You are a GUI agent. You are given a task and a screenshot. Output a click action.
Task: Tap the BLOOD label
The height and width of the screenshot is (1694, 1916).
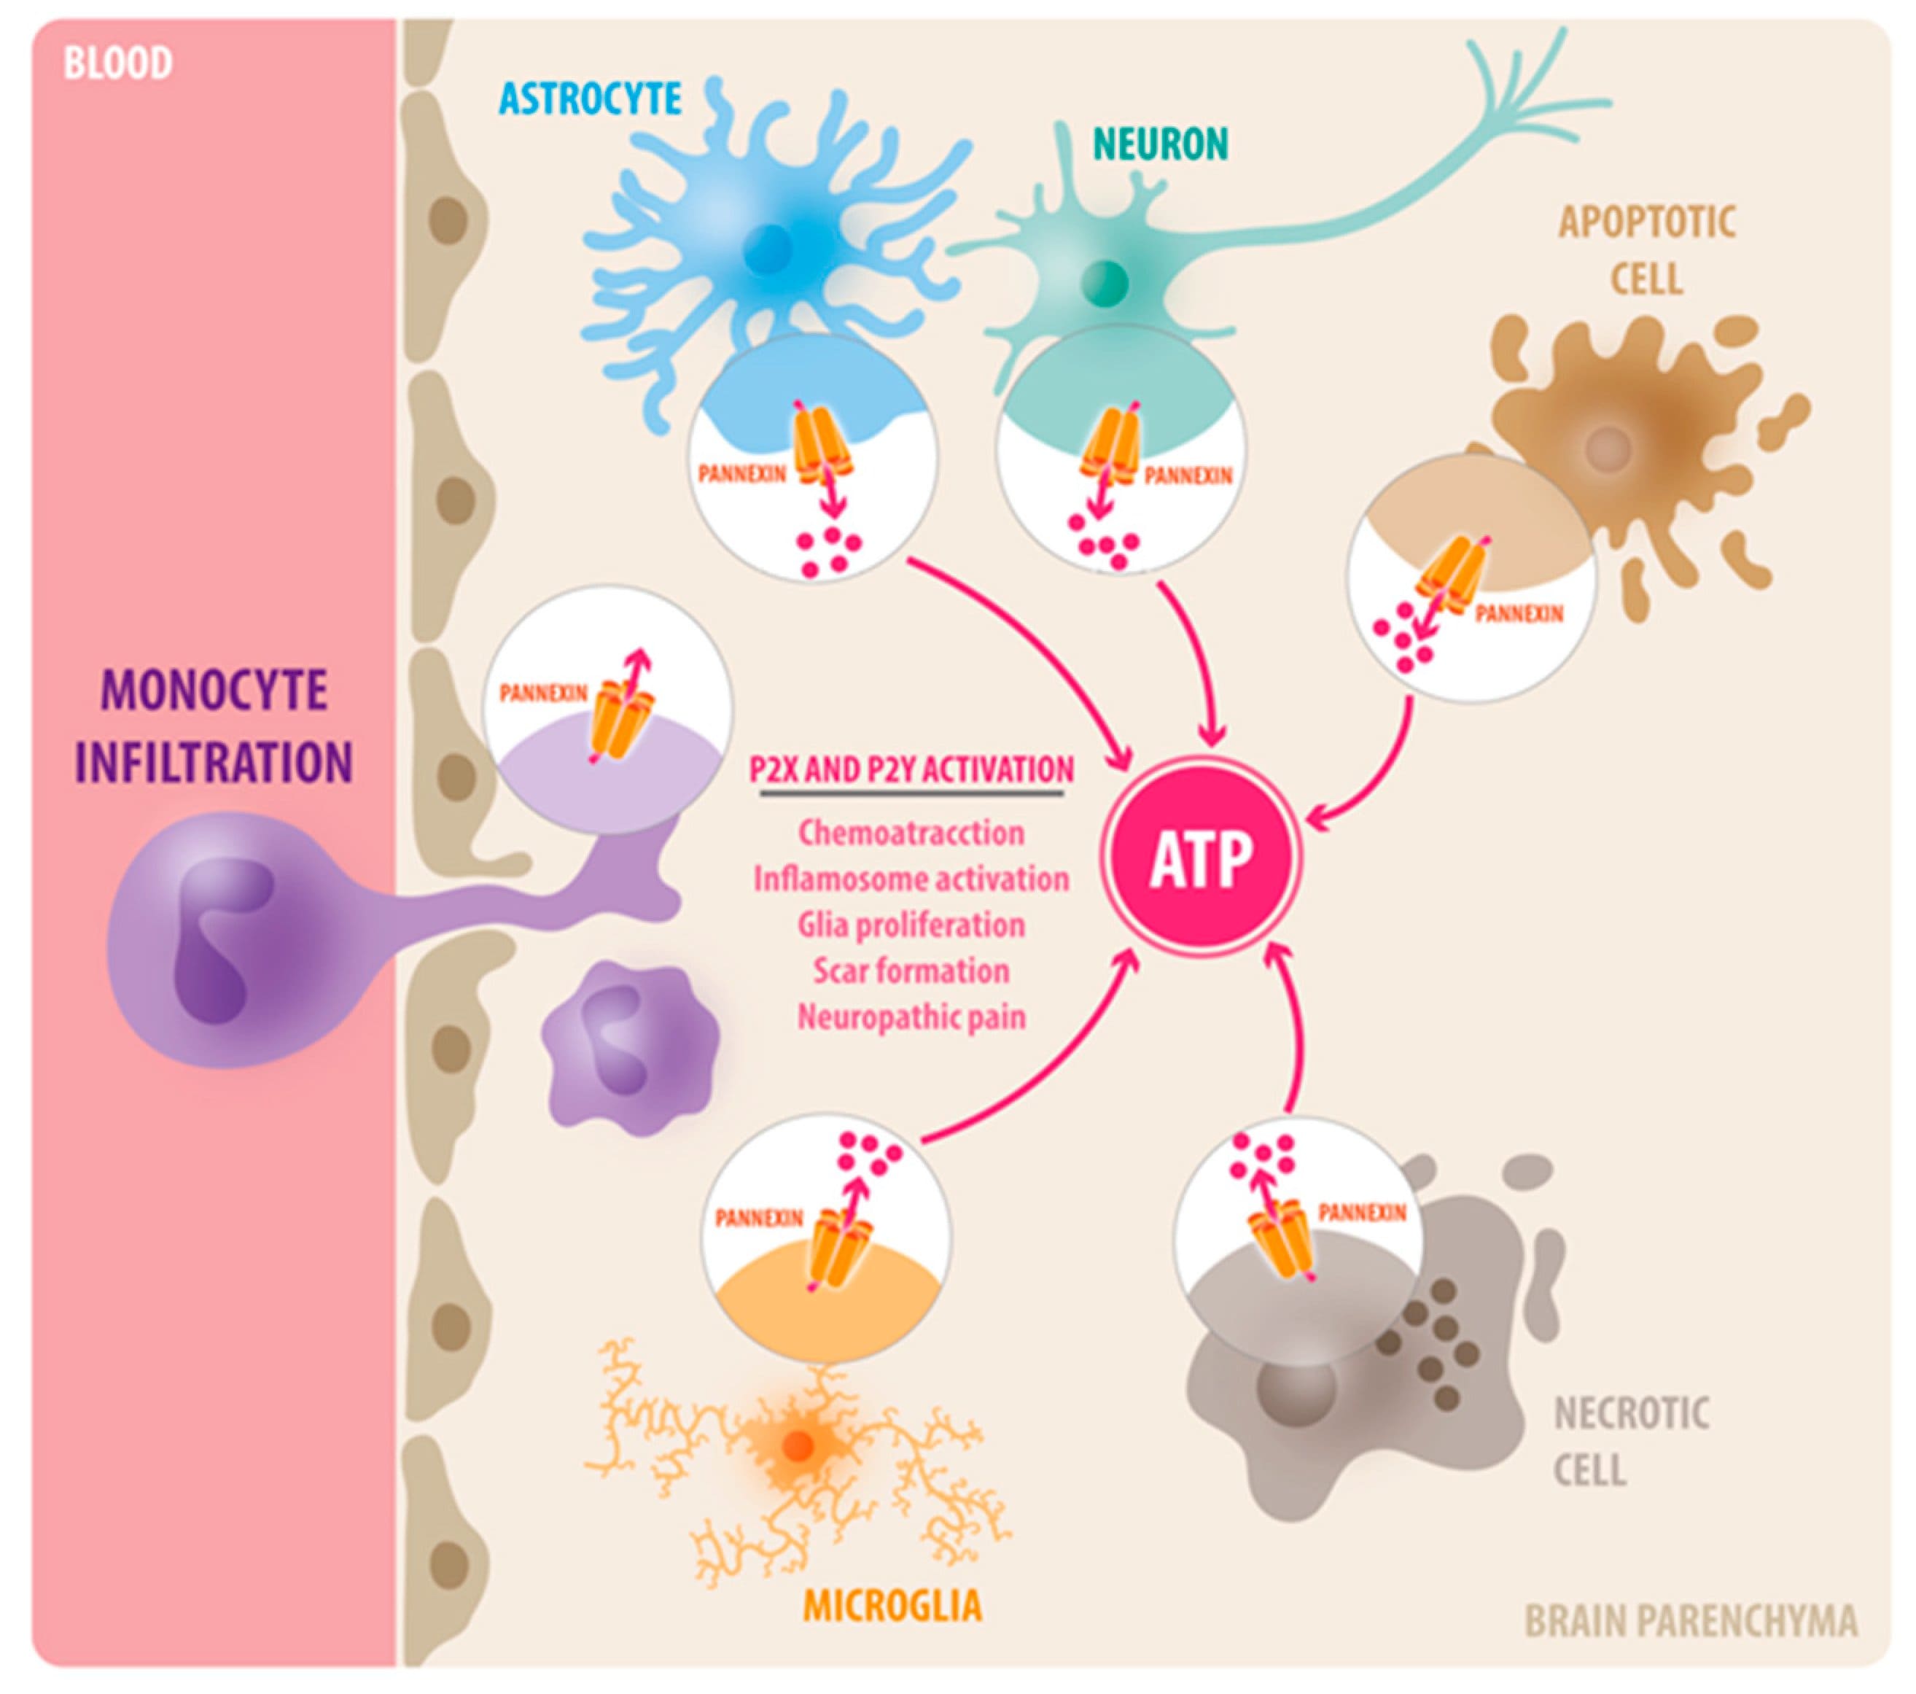point(117,63)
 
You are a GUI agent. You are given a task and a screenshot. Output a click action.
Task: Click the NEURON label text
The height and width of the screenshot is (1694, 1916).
point(1161,144)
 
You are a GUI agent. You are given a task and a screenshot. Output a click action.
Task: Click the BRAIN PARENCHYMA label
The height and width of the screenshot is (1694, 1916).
point(1690,1620)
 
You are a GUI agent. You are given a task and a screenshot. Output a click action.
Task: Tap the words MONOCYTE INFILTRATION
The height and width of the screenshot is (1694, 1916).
point(214,726)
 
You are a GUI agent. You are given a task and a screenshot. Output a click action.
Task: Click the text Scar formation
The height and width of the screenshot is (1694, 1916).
point(911,971)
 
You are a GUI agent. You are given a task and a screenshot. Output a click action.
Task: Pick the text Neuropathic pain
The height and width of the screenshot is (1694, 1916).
point(911,1017)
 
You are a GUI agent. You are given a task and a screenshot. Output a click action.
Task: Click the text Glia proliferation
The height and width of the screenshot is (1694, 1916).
point(911,925)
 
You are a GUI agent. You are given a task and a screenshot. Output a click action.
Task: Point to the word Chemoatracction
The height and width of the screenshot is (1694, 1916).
point(911,833)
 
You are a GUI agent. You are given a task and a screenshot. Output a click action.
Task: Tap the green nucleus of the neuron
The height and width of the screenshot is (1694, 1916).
point(1105,279)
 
